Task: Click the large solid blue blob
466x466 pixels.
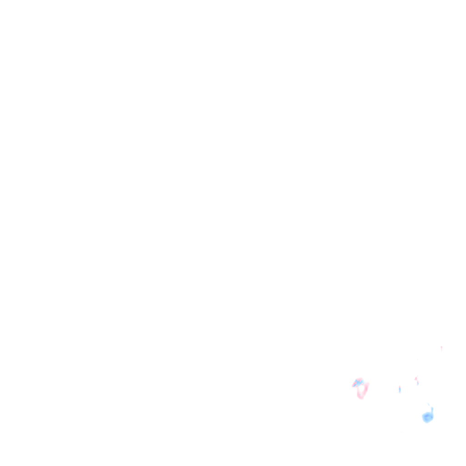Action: [x=427, y=417]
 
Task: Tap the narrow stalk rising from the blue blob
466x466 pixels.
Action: [x=432, y=410]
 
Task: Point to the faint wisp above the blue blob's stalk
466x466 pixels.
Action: [x=428, y=404]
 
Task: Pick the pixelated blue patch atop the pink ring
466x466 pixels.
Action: [x=359, y=382]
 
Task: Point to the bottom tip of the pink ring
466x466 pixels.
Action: [x=361, y=398]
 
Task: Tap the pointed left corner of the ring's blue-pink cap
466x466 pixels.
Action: [x=353, y=385]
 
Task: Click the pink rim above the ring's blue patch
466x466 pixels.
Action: [x=360, y=379]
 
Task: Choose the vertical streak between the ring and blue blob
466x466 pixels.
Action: [x=400, y=389]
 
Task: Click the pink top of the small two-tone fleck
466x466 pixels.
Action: [x=416, y=378]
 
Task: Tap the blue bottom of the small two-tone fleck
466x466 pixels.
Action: [x=417, y=383]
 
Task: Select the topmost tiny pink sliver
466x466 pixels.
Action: [x=441, y=348]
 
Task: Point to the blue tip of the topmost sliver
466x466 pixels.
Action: [x=441, y=347]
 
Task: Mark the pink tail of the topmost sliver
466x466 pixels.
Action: [x=441, y=350]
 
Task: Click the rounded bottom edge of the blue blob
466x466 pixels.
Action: [x=427, y=422]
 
